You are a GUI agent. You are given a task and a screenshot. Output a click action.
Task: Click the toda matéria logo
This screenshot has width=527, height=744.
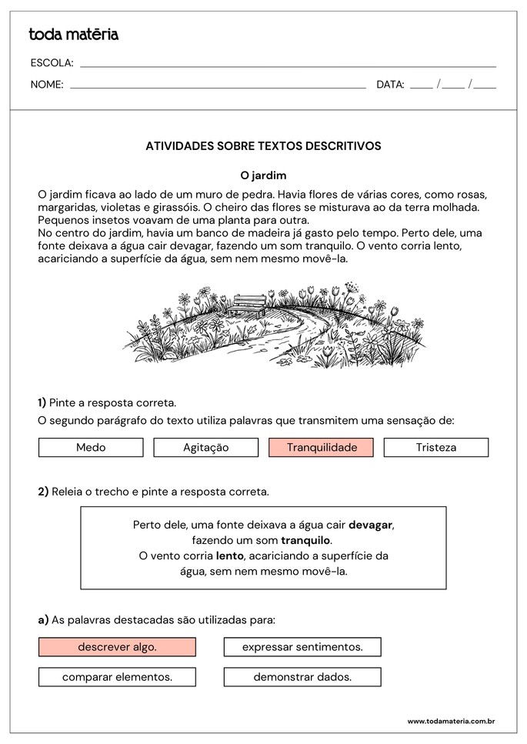coord(73,35)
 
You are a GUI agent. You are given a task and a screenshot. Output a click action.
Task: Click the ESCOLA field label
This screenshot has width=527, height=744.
coord(52,63)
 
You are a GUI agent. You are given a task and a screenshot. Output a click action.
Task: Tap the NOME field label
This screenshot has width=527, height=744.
coord(47,85)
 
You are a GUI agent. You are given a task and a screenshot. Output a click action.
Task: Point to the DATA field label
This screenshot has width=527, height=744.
coord(390,85)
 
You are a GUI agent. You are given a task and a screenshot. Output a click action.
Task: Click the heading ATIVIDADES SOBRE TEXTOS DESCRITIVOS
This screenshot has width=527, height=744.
coord(263,145)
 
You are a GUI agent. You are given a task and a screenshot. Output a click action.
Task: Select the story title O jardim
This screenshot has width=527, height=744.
coord(263,175)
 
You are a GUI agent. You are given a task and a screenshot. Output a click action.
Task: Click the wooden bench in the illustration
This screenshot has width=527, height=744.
coord(248,305)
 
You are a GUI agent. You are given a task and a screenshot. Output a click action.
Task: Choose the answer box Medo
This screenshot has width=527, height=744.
coord(91,447)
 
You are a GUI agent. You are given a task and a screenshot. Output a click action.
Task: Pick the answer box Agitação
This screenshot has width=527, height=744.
coord(205,447)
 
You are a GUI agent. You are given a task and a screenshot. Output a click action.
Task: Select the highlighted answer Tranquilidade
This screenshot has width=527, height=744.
coord(321,447)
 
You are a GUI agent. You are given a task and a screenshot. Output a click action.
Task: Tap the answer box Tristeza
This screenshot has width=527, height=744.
coord(435,447)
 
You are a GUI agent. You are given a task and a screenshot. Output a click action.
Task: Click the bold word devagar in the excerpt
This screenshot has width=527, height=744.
coord(370,525)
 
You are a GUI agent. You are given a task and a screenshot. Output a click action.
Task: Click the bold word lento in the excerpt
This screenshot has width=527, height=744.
coord(229,555)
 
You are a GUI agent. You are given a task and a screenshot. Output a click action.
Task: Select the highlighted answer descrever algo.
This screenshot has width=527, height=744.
coord(117,647)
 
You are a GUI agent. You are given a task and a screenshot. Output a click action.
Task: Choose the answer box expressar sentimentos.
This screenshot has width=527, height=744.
coord(302,647)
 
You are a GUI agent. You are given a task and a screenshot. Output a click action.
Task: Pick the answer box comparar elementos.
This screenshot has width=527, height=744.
coord(117,677)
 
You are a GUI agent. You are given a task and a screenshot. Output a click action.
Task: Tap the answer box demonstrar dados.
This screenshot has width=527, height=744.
coord(302,677)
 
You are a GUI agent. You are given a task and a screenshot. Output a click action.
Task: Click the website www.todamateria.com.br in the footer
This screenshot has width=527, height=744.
coord(450,721)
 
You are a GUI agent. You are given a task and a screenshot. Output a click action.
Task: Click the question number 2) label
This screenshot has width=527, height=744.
coord(43,491)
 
